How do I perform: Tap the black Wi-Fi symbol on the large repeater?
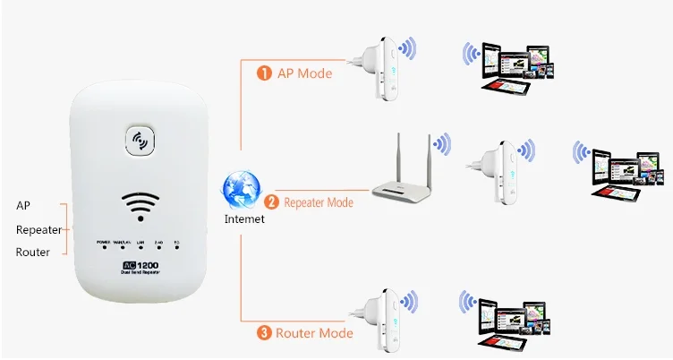tap(141, 203)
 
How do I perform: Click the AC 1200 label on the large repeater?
tap(141, 267)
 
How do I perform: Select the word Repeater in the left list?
tap(38, 230)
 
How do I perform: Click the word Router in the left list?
tap(33, 253)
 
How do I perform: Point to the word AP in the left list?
tap(23, 206)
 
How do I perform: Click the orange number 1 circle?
tap(264, 73)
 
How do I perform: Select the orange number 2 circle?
tap(272, 202)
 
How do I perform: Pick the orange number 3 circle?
tap(264, 333)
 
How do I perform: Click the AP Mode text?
tap(303, 73)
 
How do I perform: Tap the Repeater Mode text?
tap(319, 202)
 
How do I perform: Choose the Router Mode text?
tap(312, 333)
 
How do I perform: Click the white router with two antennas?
tap(403, 179)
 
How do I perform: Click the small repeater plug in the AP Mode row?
tap(379, 68)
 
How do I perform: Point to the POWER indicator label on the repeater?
tap(103, 243)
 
